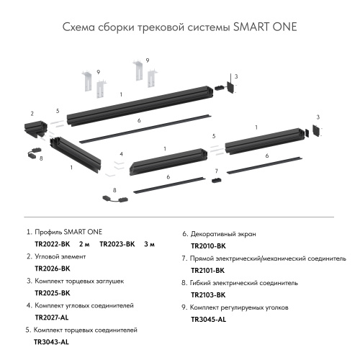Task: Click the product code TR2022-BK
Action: (52, 245)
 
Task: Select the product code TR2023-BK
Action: (117, 245)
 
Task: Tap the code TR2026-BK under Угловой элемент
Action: (52, 269)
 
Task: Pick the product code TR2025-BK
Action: (52, 294)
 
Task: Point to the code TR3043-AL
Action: (52, 342)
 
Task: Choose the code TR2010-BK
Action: (208, 246)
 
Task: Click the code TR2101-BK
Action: (208, 270)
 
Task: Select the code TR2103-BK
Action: (208, 294)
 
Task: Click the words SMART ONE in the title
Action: (265, 27)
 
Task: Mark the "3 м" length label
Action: (150, 245)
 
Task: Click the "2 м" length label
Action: (84, 245)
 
